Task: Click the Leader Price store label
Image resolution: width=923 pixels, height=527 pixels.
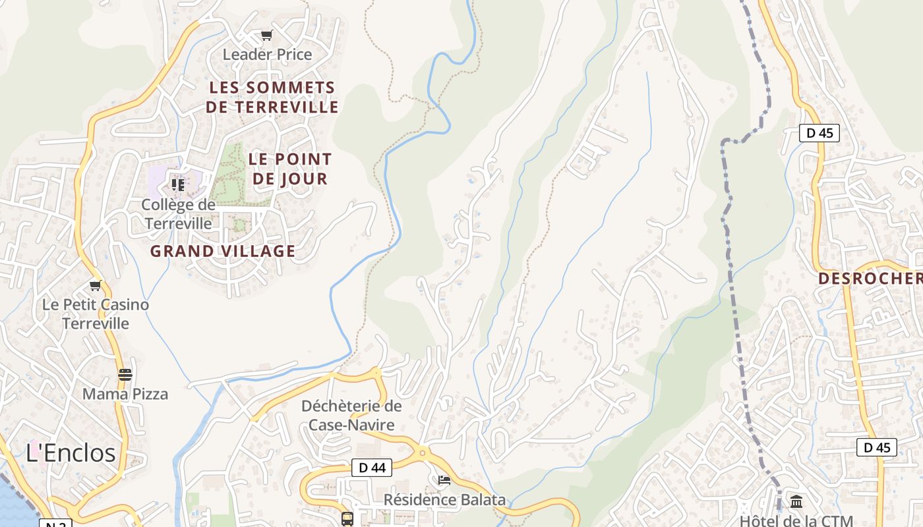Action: tap(267, 55)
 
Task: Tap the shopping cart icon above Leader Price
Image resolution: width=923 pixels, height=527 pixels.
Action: tap(266, 36)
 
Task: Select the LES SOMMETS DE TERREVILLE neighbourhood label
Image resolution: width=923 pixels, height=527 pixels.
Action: tap(272, 97)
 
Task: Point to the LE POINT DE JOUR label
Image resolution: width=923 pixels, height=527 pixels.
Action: tap(290, 169)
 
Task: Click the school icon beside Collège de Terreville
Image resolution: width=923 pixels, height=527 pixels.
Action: tap(178, 185)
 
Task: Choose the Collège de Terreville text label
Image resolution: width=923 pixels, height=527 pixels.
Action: tap(178, 214)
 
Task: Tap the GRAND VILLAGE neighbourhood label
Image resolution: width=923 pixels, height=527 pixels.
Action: tap(223, 251)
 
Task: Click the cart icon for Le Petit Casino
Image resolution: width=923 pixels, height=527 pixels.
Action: tap(96, 286)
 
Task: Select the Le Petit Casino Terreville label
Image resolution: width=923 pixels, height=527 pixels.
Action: tap(96, 314)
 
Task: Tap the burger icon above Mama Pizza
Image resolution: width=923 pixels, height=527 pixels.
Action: tap(125, 375)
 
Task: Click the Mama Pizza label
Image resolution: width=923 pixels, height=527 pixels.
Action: tap(125, 394)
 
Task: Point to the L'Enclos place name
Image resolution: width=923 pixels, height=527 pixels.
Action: tap(71, 453)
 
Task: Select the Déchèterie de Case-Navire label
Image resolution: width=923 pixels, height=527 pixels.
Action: tap(351, 415)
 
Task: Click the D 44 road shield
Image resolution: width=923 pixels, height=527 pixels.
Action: tap(372, 468)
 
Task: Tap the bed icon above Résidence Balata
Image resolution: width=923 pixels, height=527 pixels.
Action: tap(444, 480)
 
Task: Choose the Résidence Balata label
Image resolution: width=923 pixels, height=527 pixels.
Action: tap(444, 500)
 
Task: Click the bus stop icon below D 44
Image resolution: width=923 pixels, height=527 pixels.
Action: tap(347, 518)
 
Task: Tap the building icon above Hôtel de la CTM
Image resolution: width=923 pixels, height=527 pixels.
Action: tap(796, 502)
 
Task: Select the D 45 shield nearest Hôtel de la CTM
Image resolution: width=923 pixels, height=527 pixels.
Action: tap(877, 447)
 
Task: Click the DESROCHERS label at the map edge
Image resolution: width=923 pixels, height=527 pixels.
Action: tap(870, 279)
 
